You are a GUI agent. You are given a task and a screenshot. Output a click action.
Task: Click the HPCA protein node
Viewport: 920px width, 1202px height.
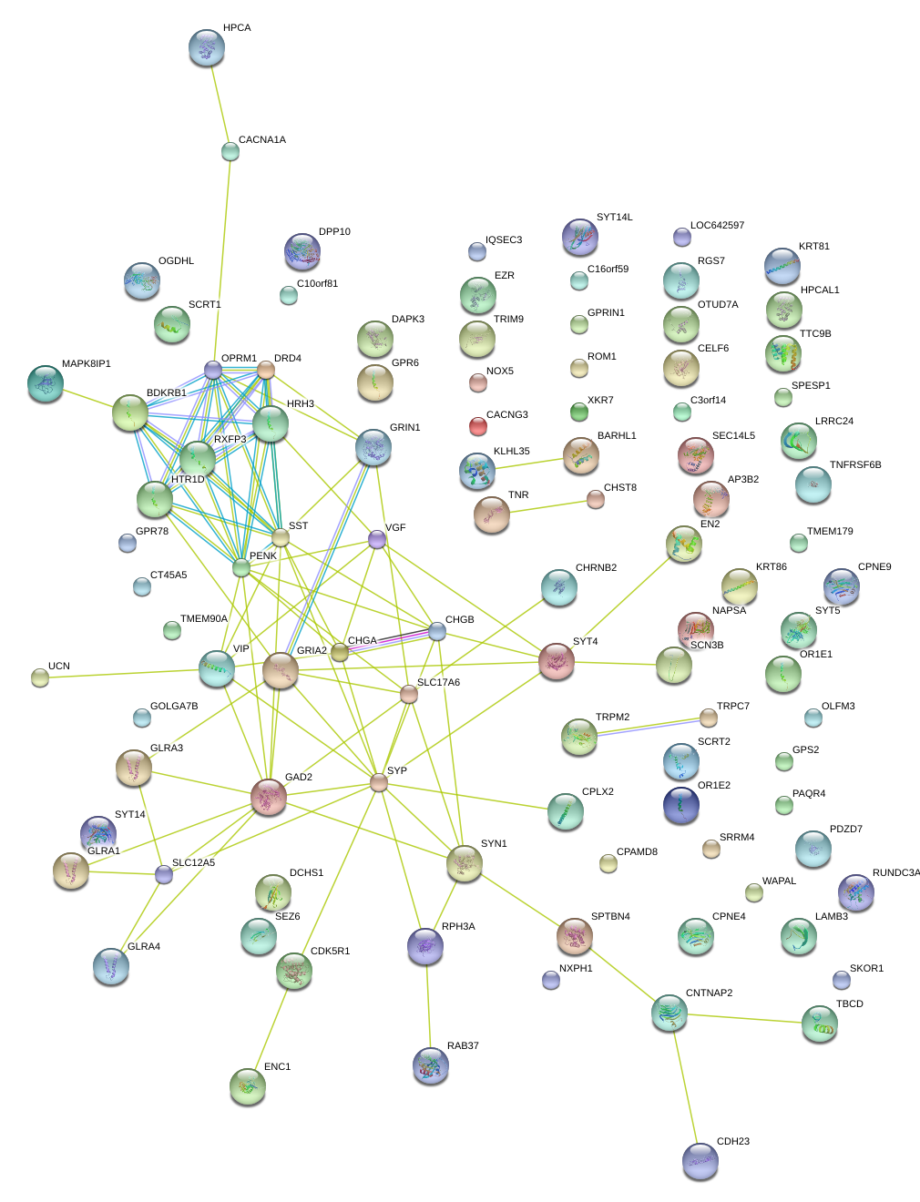206,47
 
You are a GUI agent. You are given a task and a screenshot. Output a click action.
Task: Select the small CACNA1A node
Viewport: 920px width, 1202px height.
230,151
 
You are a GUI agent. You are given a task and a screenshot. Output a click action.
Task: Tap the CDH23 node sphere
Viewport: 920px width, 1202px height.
700,1160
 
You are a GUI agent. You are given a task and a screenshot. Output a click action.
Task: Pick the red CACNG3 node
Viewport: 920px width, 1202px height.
477,425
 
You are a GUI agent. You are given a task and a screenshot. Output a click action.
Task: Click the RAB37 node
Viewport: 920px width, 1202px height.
430,1065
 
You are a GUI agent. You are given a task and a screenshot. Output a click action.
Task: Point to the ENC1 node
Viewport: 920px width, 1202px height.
247,1085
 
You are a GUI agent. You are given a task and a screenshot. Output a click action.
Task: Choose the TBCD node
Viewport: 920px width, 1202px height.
819,1024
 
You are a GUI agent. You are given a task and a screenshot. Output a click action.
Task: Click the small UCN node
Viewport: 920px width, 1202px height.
40,677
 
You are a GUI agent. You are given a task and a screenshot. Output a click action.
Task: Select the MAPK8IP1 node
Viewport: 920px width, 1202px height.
45,383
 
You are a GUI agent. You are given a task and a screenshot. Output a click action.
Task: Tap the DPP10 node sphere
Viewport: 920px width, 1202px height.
302,251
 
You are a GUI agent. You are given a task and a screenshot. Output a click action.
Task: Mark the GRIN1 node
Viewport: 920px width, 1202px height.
373,447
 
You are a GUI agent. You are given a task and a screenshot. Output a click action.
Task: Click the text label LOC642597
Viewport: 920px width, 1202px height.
717,226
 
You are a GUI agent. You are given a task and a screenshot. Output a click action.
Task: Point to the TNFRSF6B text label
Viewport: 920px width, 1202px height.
854,465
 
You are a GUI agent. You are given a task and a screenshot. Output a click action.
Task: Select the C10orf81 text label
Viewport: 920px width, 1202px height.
317,284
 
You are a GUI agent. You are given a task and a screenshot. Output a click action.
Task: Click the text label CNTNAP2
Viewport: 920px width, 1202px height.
709,993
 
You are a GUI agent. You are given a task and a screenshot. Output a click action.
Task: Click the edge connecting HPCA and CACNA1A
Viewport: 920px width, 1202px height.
219,100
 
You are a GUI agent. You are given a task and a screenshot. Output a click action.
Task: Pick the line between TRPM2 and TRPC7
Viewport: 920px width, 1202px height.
643,727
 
